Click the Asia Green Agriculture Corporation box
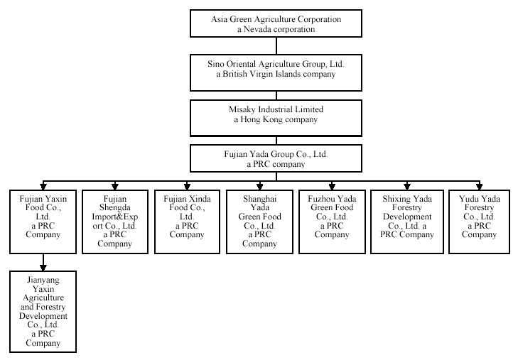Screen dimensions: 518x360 276,23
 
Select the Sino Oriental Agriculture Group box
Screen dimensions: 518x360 276,72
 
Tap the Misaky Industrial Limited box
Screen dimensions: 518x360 276,118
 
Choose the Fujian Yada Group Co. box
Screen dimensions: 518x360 276,158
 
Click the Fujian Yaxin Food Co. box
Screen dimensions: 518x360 43,222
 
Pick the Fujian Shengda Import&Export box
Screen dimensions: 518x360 115,222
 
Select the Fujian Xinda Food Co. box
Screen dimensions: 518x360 187,222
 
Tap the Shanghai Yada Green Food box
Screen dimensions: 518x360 259,222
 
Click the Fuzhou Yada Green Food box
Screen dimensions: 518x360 332,222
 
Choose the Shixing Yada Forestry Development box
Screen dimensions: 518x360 407,222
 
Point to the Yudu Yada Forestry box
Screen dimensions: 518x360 480,222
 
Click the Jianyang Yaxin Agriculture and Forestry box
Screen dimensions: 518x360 43,312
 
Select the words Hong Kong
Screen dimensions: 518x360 261,119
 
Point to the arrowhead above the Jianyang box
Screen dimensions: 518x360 43,268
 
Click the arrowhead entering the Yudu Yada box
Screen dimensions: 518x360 480,187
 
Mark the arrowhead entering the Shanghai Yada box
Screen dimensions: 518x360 259,187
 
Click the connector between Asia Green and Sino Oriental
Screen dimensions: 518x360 276,46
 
